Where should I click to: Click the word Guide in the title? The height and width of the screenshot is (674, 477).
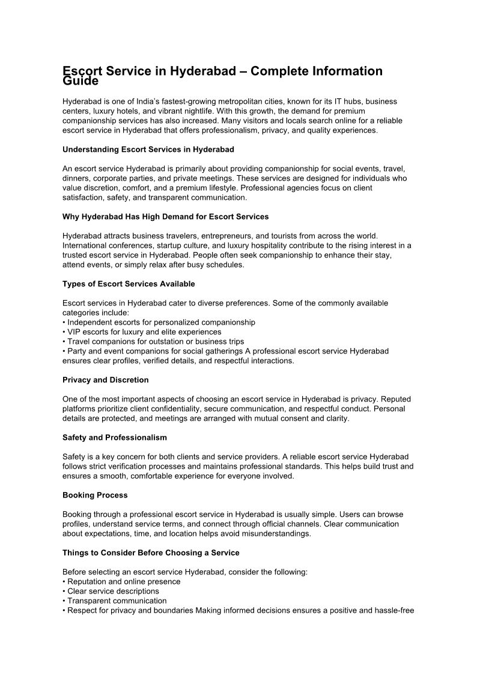81,80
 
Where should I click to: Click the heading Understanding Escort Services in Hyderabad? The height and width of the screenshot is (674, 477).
148,149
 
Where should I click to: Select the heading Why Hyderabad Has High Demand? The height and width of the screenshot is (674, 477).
165,216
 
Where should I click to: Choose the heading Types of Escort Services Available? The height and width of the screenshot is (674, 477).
129,284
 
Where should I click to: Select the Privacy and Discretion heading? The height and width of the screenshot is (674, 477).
105,380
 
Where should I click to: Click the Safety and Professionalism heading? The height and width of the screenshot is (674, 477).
115,438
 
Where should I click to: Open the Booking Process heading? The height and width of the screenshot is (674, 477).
95,495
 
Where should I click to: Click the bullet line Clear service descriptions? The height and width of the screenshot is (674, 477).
114,591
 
